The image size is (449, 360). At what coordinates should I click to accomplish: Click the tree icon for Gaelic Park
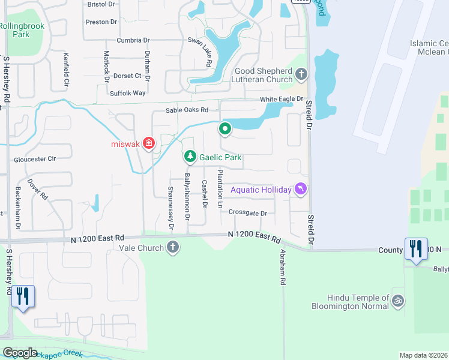click(190, 157)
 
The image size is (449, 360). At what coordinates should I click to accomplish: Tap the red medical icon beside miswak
click(148, 143)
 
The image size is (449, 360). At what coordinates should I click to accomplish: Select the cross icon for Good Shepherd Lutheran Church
click(301, 74)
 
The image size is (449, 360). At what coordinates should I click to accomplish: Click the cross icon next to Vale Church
click(173, 247)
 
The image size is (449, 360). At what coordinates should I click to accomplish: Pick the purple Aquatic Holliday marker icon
click(300, 190)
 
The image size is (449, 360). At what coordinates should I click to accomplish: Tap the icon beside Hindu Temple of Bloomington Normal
click(397, 301)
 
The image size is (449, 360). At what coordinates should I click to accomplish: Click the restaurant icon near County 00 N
click(415, 248)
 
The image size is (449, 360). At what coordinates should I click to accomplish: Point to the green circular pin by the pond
click(225, 128)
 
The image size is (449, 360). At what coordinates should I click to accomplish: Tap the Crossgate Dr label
click(247, 212)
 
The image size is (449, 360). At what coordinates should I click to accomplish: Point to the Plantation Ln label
click(220, 189)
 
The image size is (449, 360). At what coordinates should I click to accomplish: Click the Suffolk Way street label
click(128, 93)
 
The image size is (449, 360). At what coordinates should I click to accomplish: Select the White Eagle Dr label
click(282, 99)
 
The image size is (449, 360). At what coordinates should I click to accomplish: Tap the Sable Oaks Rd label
click(187, 110)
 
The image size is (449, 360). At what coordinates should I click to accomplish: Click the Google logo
click(20, 352)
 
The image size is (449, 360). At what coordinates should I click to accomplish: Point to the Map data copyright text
click(423, 355)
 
